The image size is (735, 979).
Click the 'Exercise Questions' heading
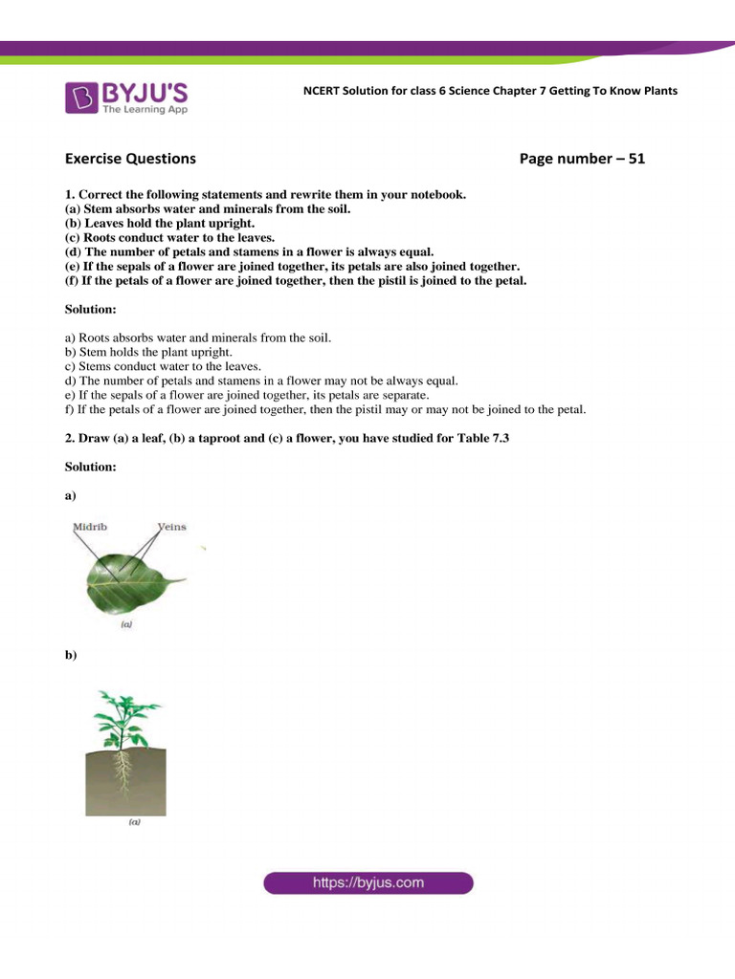coord(130,159)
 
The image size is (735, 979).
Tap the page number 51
coord(635,159)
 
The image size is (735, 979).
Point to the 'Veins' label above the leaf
coord(171,528)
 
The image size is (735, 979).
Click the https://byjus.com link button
coord(367,882)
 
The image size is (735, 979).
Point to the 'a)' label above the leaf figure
coord(70,496)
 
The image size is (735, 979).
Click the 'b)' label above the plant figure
coord(70,656)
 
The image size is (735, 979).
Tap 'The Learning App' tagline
coord(145,110)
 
